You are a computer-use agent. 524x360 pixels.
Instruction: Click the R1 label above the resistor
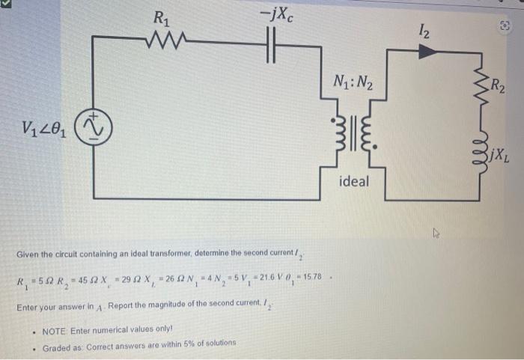point(161,17)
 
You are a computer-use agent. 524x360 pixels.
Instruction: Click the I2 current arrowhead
point(427,51)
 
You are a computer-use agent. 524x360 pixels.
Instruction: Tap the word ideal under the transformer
point(353,181)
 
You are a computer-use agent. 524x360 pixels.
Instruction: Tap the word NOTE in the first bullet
point(56,329)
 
